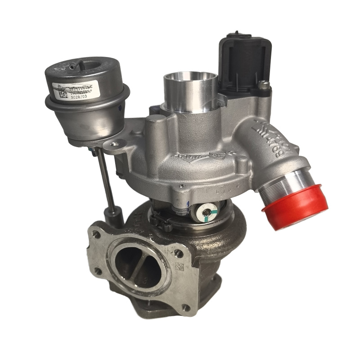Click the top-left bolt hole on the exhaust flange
(x=95, y=234)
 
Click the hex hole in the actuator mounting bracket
(x=117, y=145)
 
